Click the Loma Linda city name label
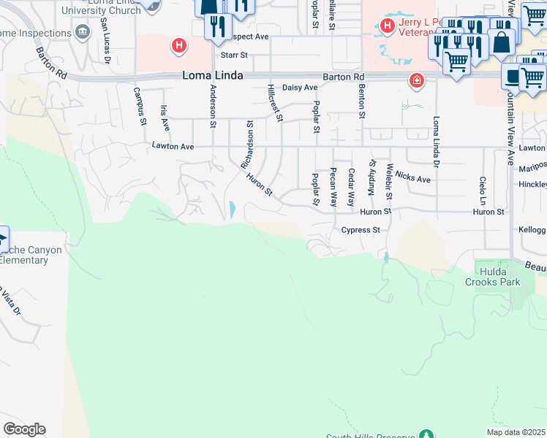click(x=212, y=76)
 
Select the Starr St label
click(x=235, y=55)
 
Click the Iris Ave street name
click(x=165, y=118)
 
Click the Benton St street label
click(x=361, y=101)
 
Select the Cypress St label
click(x=361, y=230)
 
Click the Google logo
click(x=24, y=429)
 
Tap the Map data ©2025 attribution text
click(x=516, y=432)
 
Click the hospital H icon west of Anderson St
click(x=178, y=47)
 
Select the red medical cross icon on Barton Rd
click(x=416, y=80)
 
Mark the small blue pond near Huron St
click(x=232, y=210)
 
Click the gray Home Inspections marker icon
click(x=83, y=32)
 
